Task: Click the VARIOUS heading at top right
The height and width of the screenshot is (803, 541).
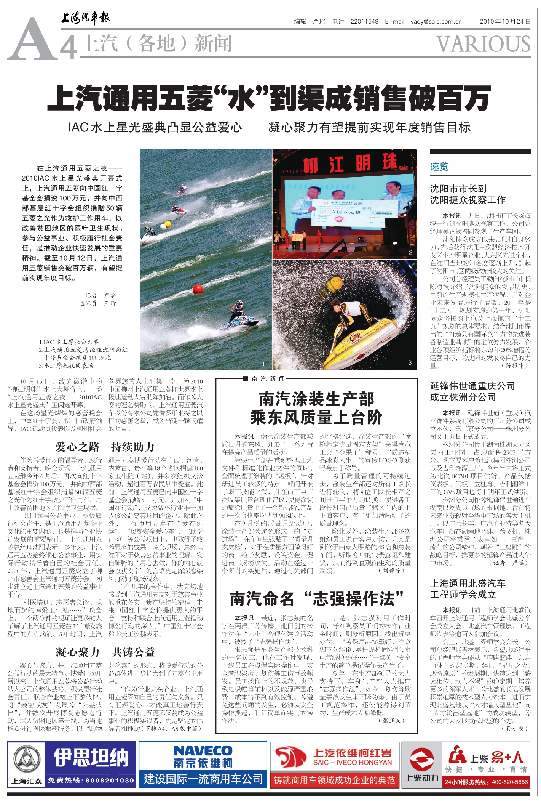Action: tap(483, 44)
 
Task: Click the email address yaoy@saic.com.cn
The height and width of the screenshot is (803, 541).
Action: tap(436, 22)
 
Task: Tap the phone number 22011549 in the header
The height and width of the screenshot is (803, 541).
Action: tap(364, 22)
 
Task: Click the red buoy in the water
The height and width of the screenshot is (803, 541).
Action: tap(198, 289)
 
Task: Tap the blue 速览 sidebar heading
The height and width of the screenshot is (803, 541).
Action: tap(439, 167)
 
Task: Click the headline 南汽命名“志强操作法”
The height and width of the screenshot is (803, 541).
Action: tap(316, 599)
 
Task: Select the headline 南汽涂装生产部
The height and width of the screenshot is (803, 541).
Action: tap(316, 399)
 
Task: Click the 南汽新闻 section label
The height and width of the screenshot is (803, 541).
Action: tap(268, 378)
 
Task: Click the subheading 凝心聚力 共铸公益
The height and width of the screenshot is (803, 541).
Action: tap(105, 652)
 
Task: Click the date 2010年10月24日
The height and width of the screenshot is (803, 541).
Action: tap(504, 22)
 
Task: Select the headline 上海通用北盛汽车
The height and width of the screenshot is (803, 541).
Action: tap(468, 583)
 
